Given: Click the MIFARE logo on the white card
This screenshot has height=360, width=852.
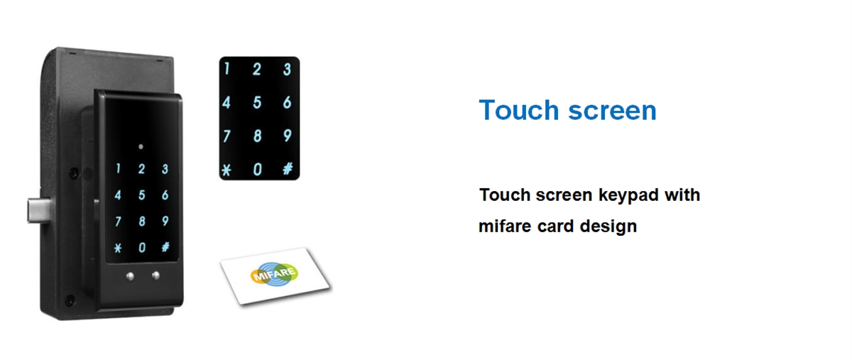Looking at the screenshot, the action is [274, 273].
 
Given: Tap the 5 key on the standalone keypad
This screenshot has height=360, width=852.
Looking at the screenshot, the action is [257, 102].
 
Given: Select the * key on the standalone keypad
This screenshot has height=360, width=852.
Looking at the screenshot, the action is [226, 169].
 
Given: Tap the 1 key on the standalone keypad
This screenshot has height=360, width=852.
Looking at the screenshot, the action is [226, 69].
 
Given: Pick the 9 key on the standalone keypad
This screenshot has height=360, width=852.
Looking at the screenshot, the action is [288, 136].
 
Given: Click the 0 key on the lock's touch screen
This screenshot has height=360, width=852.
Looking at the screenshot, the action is [142, 248].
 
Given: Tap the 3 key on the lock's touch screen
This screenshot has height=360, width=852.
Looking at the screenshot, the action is [165, 169].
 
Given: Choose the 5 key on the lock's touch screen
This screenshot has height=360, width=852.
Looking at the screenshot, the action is [142, 195].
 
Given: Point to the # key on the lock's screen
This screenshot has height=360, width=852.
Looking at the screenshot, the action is [165, 247].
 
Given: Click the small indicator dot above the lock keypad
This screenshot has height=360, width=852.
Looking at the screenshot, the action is [141, 146].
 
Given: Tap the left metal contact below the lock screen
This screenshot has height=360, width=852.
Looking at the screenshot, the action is [130, 276].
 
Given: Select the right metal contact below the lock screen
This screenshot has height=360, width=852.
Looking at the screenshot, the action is [155, 276].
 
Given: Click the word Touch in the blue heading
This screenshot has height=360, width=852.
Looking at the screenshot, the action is [518, 110].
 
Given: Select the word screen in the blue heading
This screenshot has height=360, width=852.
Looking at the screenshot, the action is [612, 111].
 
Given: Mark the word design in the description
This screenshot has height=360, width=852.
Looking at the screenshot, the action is [608, 227].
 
